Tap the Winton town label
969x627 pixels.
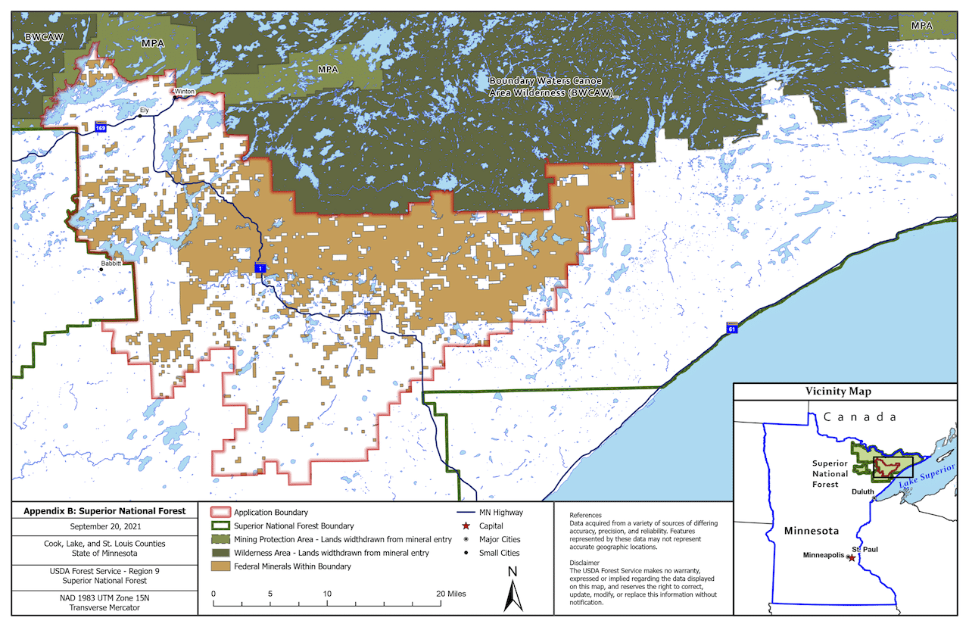(185, 92)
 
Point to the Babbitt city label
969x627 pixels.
(112, 264)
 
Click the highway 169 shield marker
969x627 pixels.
(101, 129)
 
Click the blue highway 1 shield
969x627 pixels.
(259, 269)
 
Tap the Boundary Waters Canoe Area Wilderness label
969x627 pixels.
(550, 86)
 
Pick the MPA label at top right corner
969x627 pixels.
(921, 26)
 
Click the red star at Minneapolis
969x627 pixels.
(851, 557)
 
